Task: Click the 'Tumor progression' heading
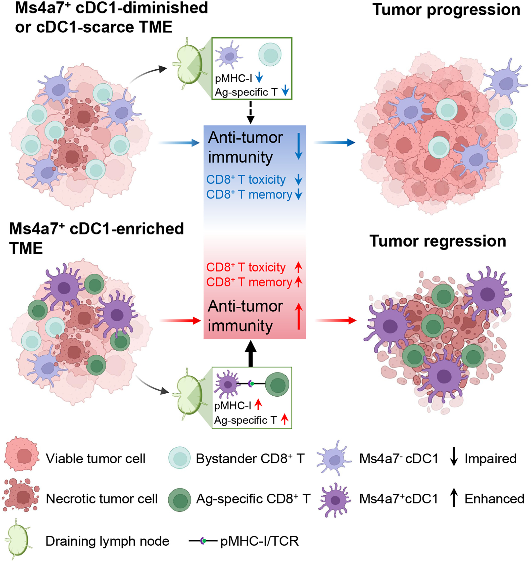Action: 446,10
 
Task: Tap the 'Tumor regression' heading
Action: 438,242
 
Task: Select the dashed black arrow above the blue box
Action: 250,112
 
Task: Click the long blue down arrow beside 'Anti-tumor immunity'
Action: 298,146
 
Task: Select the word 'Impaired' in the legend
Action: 490,459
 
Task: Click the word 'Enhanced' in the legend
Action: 494,499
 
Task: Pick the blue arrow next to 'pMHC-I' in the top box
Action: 259,77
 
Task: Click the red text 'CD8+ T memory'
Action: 249,282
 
